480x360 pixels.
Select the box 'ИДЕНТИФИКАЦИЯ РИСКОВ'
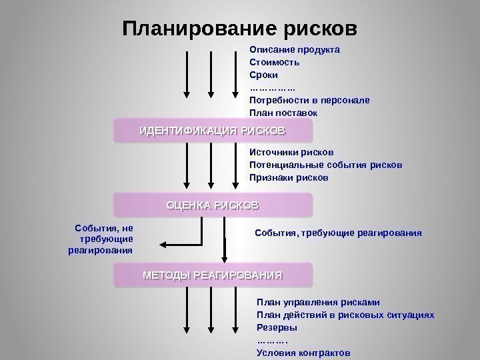pos(213,131)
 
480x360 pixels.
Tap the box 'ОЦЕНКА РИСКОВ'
pos(213,205)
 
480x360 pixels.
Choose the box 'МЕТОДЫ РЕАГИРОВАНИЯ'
pos(213,275)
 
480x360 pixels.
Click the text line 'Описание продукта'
pos(295,49)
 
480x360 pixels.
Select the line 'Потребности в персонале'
pos(309,101)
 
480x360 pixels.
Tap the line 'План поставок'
pos(283,113)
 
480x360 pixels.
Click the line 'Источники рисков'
pos(291,153)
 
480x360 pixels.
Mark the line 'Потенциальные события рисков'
pos(325,165)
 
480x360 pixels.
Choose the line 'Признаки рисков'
pos(289,178)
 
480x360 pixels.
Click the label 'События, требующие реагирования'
pos(339,233)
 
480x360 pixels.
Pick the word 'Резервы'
pos(277,327)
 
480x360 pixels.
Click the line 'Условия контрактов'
pos(303,353)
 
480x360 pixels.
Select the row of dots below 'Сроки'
pos(272,88)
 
